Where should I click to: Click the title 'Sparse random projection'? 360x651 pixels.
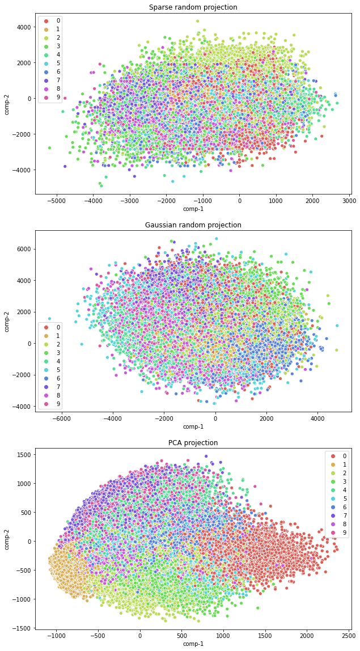click(193, 7)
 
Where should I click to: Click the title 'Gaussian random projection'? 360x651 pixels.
click(193, 225)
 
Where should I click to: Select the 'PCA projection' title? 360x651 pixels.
click(193, 443)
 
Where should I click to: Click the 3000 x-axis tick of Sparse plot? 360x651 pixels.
click(349, 201)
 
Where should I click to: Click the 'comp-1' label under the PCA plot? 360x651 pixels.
click(193, 644)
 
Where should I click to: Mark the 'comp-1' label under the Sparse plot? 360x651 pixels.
click(193, 209)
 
